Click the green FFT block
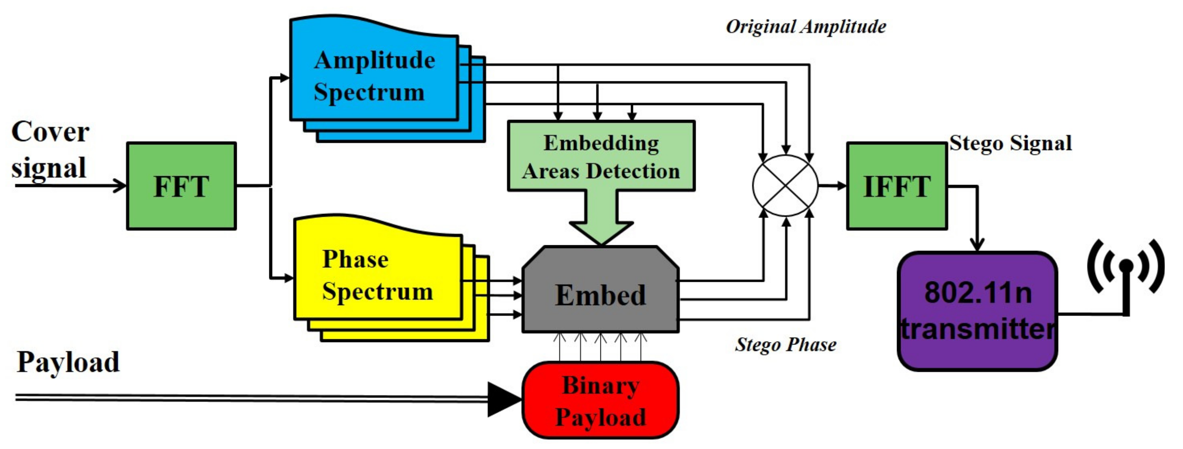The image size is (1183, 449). [x=181, y=186]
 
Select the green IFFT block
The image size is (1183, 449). [x=897, y=186]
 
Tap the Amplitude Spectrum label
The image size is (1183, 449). [x=374, y=76]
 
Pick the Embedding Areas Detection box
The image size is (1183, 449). [x=601, y=156]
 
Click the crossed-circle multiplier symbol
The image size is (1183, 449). [x=785, y=185]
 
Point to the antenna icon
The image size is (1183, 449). [x=1126, y=275]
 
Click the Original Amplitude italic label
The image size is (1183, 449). [x=806, y=26]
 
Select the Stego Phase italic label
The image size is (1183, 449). [x=785, y=344]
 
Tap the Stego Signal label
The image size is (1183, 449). [x=1011, y=143]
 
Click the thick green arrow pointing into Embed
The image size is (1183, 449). [x=601, y=220]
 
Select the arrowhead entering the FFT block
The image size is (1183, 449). [x=120, y=186]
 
